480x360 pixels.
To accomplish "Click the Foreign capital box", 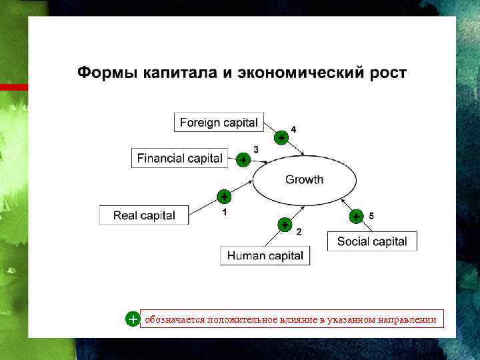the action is click(219, 123).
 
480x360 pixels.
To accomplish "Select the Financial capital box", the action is click(179, 158).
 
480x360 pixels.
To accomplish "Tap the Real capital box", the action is click(144, 215).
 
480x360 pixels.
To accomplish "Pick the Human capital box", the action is click(265, 255).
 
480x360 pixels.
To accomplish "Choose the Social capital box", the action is click(372, 241).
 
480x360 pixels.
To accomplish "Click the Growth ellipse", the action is click(304, 180).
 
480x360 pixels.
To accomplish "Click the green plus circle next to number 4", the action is click(282, 138).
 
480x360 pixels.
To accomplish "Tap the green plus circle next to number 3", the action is click(243, 160).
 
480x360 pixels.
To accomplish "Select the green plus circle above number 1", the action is click(224, 197).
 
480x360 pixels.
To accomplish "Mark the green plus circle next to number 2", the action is click(285, 225).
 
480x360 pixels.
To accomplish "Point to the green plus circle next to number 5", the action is click(356, 217).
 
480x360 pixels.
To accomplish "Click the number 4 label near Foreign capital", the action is click(294, 129).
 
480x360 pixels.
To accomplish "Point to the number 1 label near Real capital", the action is click(225, 212).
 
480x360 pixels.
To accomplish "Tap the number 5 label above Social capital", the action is click(371, 215).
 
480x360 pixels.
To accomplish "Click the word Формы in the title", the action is click(107, 72).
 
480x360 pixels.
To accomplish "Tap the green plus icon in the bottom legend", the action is click(133, 319).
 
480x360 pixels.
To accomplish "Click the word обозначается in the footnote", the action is click(175, 320).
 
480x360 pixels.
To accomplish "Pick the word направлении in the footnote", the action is click(407, 320).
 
